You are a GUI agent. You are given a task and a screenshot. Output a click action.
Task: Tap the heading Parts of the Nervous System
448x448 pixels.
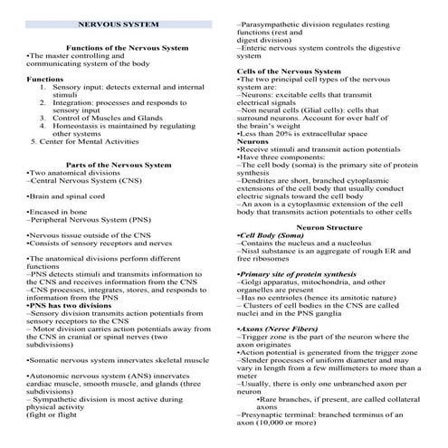click(119, 165)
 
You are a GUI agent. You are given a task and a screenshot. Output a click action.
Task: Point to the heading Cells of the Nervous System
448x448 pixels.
click(289, 71)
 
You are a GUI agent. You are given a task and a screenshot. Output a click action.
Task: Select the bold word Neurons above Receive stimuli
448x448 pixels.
click(253, 141)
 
